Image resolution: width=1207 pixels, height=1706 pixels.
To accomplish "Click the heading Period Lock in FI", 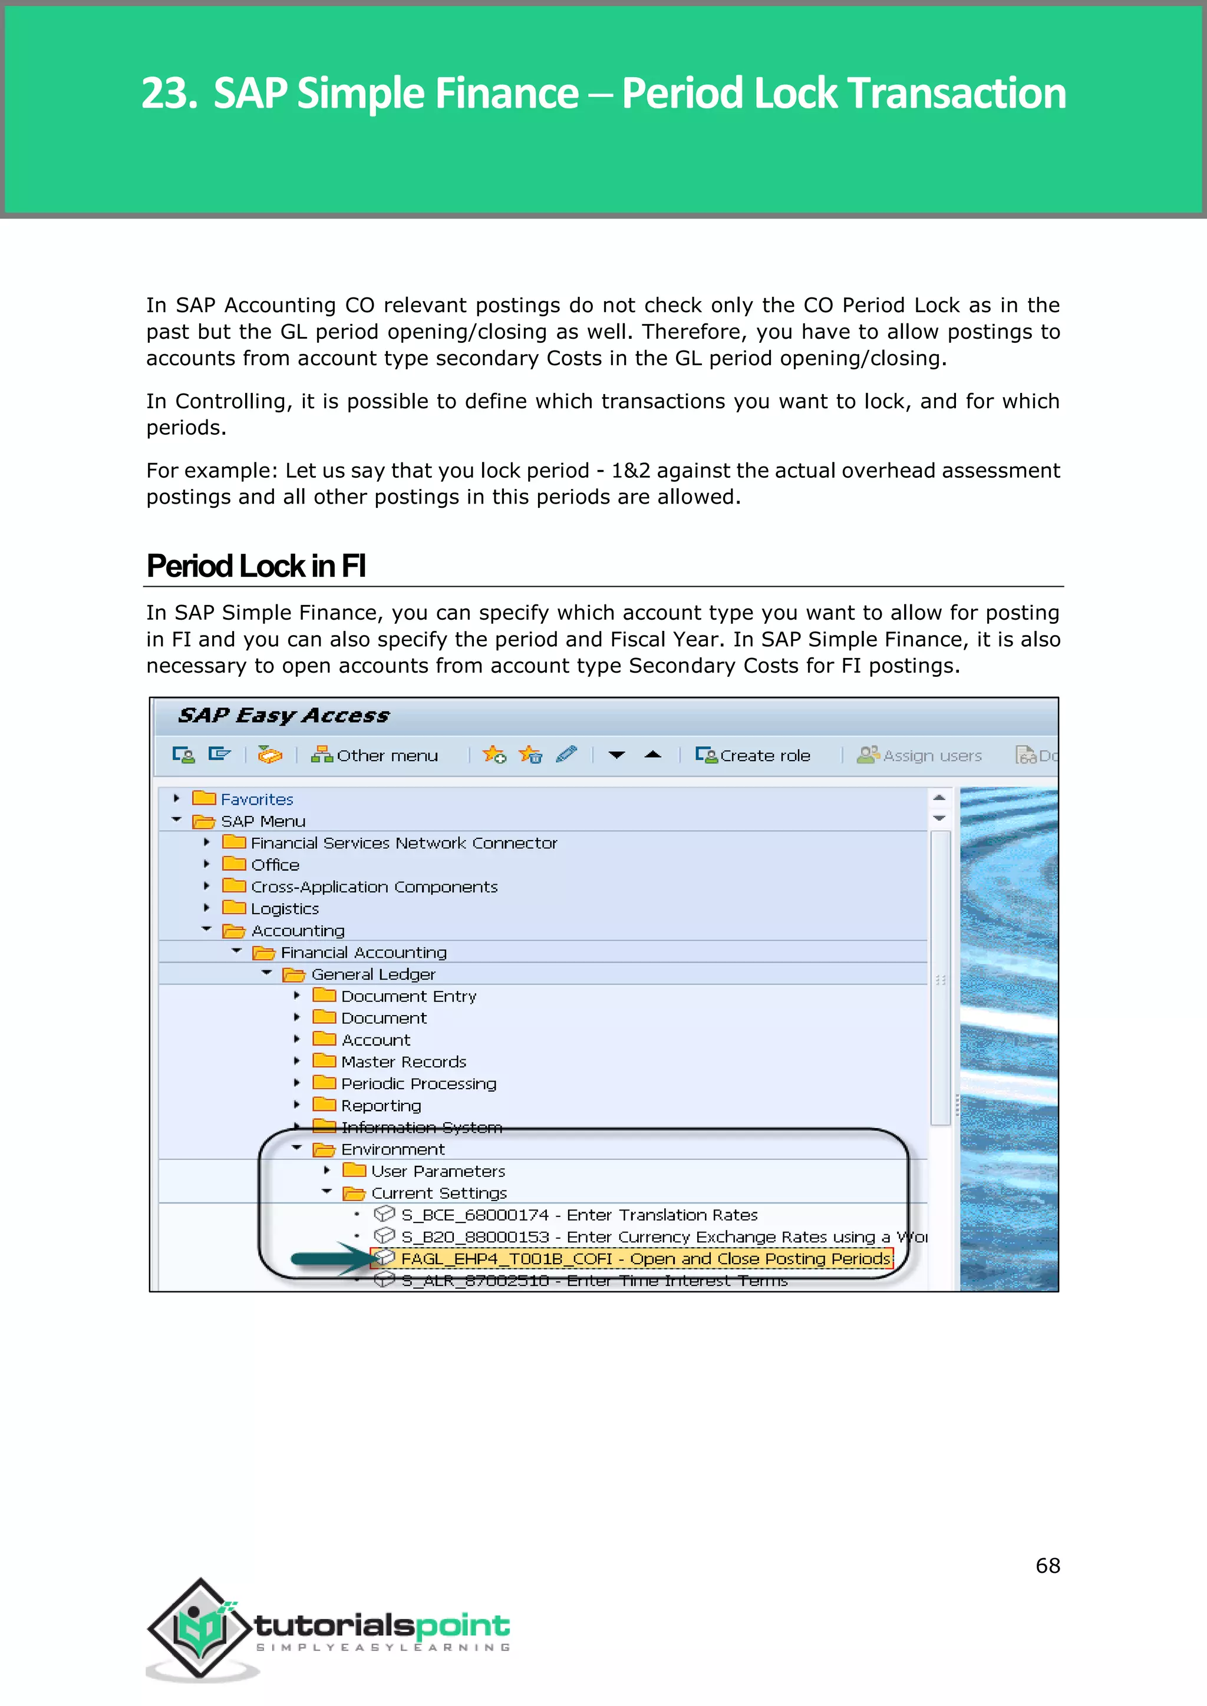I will click(x=256, y=566).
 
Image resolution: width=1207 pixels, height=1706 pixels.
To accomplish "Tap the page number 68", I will click(x=1047, y=1566).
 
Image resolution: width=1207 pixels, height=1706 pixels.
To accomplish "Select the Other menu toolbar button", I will click(x=375, y=756).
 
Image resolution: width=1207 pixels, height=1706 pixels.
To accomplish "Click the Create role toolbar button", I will click(x=753, y=756).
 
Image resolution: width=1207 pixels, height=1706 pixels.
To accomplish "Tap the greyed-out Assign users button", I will click(x=919, y=756).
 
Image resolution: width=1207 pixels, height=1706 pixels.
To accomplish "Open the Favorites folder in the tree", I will click(x=256, y=799).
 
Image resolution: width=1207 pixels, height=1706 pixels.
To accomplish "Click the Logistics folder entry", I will click(x=284, y=909).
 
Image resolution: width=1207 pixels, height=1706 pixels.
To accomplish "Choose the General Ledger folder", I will click(x=372, y=974).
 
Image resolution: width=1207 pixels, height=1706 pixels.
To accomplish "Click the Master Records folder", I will click(x=403, y=1062).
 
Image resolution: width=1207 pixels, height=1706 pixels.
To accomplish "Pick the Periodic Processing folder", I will click(x=418, y=1084).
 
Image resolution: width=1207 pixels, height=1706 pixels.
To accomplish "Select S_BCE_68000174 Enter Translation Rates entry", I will click(x=578, y=1215).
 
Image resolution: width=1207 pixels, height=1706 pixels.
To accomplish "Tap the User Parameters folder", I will click(x=437, y=1172).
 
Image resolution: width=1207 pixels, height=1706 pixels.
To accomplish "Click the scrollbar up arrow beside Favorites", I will click(x=939, y=797).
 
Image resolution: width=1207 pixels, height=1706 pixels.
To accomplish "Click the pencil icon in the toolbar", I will click(x=566, y=755).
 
